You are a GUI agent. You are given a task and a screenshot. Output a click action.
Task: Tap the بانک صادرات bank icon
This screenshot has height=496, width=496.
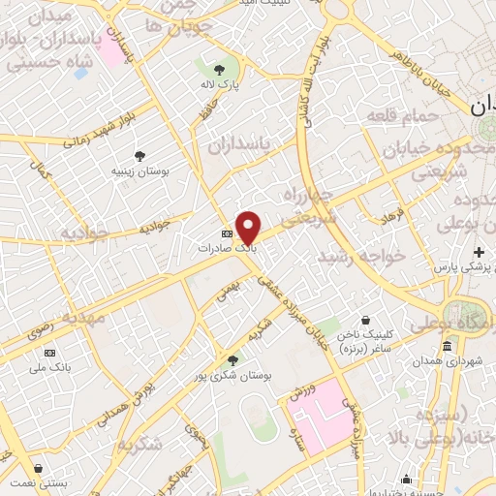[228, 233]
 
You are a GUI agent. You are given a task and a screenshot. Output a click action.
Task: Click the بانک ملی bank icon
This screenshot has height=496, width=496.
[50, 353]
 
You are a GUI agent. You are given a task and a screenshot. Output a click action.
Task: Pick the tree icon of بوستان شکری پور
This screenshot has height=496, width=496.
[232, 359]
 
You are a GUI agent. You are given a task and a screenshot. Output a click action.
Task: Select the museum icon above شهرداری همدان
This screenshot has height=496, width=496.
[447, 347]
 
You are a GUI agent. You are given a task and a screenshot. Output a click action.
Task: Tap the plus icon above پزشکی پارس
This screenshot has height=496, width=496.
[479, 252]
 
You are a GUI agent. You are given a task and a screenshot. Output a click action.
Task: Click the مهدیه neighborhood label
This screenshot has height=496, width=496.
[83, 318]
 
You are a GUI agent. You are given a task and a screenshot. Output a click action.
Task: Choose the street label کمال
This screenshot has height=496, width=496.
[41, 175]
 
